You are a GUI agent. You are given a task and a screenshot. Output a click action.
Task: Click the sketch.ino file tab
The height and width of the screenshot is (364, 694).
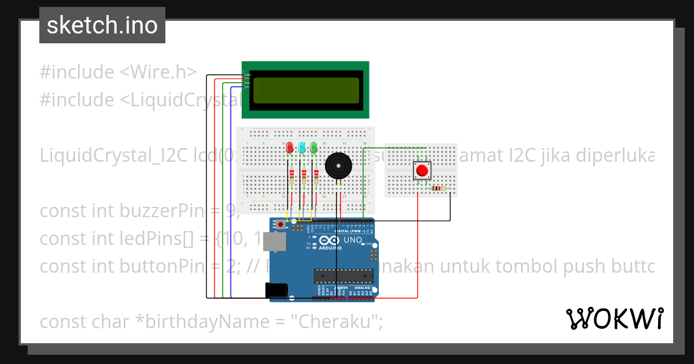point(102,25)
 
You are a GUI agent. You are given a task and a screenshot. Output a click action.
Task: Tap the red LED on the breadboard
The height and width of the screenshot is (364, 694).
point(290,147)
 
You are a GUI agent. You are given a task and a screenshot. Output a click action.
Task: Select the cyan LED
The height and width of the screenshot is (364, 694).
point(302,147)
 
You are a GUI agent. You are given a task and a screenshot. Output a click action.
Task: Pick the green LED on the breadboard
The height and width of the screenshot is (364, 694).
point(314,147)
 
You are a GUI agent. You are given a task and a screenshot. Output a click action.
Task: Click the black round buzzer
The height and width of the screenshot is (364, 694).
point(338,166)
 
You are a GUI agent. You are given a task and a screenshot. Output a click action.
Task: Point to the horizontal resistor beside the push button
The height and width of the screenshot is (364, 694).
point(440,188)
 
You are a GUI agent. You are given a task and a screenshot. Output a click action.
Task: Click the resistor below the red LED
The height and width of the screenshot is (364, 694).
point(291,176)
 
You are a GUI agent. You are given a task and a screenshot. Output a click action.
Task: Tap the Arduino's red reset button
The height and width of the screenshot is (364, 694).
point(281,224)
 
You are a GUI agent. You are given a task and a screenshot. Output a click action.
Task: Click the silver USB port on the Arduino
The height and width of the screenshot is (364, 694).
point(274,242)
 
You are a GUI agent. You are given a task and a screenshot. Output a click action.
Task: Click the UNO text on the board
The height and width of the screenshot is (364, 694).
point(353,240)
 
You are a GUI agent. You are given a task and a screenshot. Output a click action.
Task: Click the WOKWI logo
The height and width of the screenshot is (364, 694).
point(614,318)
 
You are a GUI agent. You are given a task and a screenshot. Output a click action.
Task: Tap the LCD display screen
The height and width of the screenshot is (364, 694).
point(305,90)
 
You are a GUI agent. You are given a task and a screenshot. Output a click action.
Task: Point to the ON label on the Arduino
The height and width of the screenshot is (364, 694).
point(368,244)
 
